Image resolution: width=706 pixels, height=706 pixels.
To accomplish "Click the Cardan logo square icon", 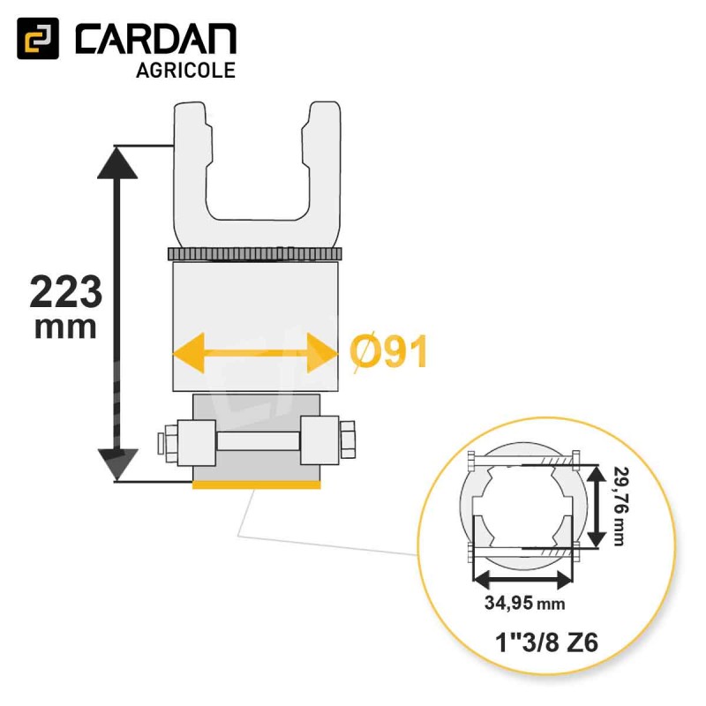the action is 38,38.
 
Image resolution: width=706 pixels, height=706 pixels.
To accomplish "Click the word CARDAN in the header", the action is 156,39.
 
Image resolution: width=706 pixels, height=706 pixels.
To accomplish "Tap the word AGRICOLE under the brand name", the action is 185,71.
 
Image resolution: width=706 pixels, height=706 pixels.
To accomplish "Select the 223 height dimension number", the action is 65,292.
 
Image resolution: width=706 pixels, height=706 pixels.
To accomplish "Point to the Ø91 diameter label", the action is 388,352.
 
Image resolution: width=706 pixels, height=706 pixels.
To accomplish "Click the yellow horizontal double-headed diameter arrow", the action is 255,352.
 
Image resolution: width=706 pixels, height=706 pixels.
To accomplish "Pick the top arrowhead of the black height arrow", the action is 117,163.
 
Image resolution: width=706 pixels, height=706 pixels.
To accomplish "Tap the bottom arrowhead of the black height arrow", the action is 117,464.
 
